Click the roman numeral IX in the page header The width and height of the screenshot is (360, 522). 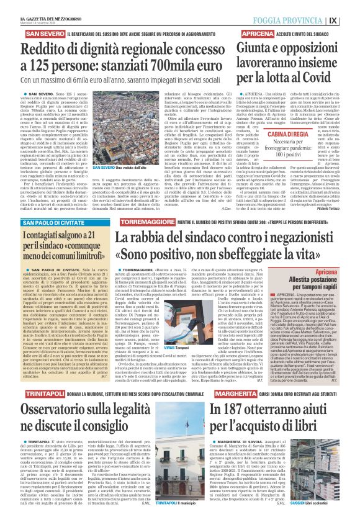(x=351, y=10)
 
